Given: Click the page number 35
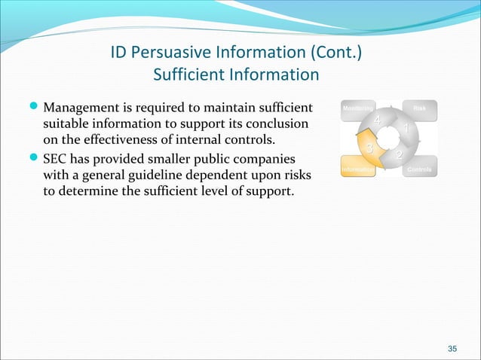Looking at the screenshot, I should (452, 348).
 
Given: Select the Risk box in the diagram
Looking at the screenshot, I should (420, 109).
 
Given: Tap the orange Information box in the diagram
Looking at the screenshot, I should (357, 169).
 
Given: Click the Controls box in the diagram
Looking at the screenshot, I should (419, 169).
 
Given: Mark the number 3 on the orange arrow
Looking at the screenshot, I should (369, 147).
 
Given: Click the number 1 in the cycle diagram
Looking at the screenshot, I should (406, 130).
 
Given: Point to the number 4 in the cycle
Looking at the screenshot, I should (377, 120).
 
